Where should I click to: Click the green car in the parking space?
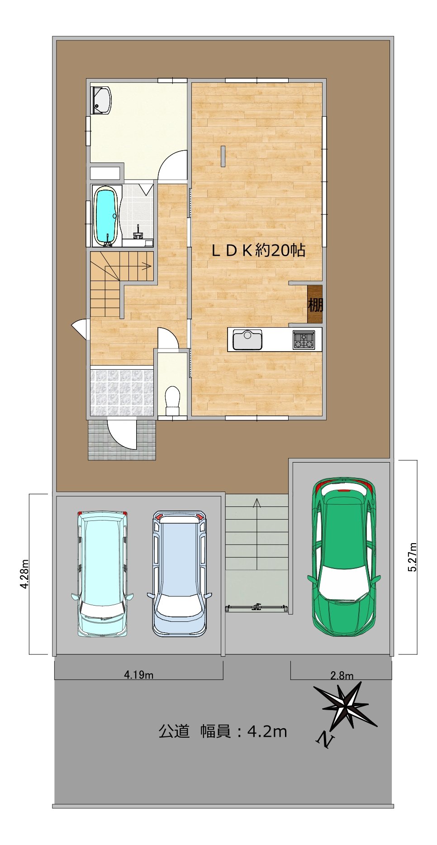tap(344, 556)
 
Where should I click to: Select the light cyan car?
tap(102, 573)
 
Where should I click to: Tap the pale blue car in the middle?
tap(180, 573)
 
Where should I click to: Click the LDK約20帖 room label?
tap(258, 250)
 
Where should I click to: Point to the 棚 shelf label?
tap(315, 305)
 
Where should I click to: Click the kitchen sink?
tap(247, 340)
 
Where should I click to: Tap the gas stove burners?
tap(304, 340)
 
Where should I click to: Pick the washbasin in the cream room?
tap(102, 100)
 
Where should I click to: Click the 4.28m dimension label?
tap(24, 574)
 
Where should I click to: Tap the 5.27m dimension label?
tap(412, 557)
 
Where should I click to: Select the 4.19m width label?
tap(139, 675)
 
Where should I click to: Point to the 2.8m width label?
tap(342, 676)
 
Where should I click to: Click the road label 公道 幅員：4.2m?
tap(223, 731)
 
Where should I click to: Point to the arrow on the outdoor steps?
tap(257, 534)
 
